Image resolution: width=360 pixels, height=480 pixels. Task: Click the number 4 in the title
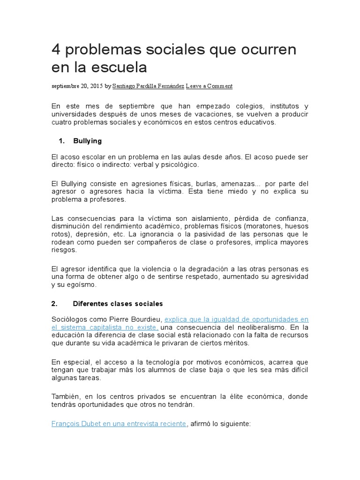click(56, 50)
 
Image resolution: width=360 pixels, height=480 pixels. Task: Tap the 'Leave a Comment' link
click(209, 86)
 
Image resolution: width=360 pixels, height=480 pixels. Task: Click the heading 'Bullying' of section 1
click(88, 141)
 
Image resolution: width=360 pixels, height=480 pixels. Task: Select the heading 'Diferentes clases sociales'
click(118, 304)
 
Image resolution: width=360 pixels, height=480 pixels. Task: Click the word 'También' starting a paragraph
click(65, 397)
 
